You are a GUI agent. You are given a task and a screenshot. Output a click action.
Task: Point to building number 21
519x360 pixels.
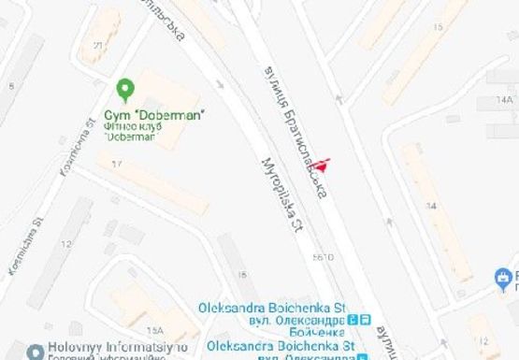pos(98,44)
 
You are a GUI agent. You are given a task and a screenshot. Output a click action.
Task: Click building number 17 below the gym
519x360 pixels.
pos(118,165)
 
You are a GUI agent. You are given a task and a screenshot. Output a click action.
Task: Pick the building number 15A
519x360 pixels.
pos(154,330)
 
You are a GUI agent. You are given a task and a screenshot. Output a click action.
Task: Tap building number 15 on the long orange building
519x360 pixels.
pos(438,27)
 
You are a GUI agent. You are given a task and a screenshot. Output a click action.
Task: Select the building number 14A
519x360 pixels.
pos(506,98)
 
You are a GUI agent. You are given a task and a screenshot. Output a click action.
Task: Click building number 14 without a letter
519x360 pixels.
pos(431,204)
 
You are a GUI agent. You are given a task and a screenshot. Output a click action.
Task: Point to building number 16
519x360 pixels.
pos(243,274)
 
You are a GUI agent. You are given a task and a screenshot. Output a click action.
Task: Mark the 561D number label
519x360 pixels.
pos(324,255)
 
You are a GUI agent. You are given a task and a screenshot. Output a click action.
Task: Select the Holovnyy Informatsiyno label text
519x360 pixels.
pos(111,343)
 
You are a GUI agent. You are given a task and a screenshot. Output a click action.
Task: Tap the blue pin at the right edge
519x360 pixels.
pos(505,277)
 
